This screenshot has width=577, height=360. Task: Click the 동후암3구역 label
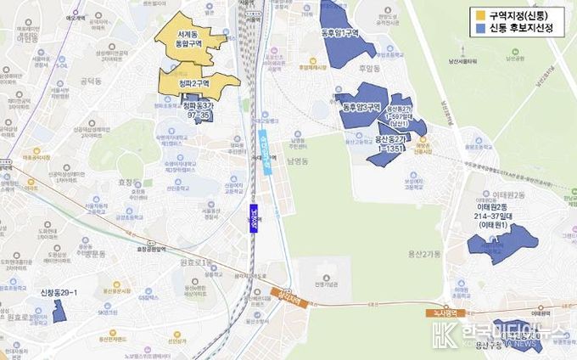point(361,107)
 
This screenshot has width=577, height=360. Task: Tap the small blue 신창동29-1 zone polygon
point(59,311)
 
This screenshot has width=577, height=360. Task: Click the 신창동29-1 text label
point(59,293)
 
